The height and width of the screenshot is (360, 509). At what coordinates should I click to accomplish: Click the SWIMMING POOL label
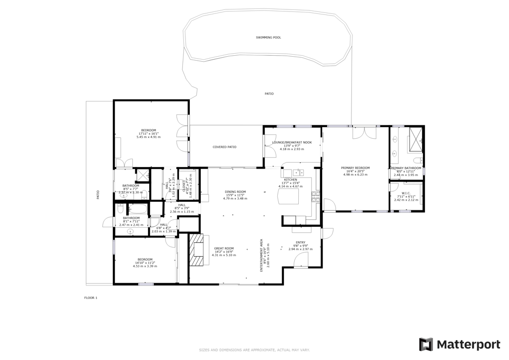(x=268, y=37)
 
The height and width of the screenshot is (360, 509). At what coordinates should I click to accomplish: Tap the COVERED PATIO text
(x=224, y=147)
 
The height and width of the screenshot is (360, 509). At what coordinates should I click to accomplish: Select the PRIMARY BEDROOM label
(x=355, y=168)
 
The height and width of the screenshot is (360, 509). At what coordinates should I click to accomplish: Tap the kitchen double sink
(x=298, y=173)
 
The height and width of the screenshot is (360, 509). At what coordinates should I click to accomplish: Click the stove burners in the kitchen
(x=314, y=196)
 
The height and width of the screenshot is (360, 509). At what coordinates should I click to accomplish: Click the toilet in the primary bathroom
(x=419, y=160)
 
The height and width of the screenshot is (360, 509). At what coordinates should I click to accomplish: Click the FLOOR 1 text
(x=91, y=298)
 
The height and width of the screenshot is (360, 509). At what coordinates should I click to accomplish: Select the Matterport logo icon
(x=426, y=344)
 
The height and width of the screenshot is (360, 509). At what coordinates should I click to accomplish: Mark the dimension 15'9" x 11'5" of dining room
(x=235, y=195)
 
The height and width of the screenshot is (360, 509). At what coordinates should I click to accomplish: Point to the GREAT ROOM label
(x=224, y=248)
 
